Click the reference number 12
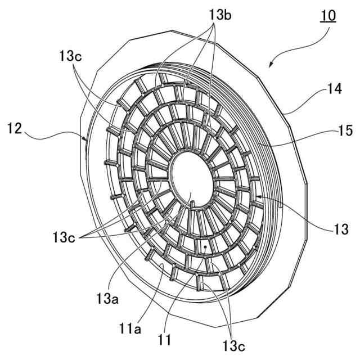pos(15,129)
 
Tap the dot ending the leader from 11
pos(207,246)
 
